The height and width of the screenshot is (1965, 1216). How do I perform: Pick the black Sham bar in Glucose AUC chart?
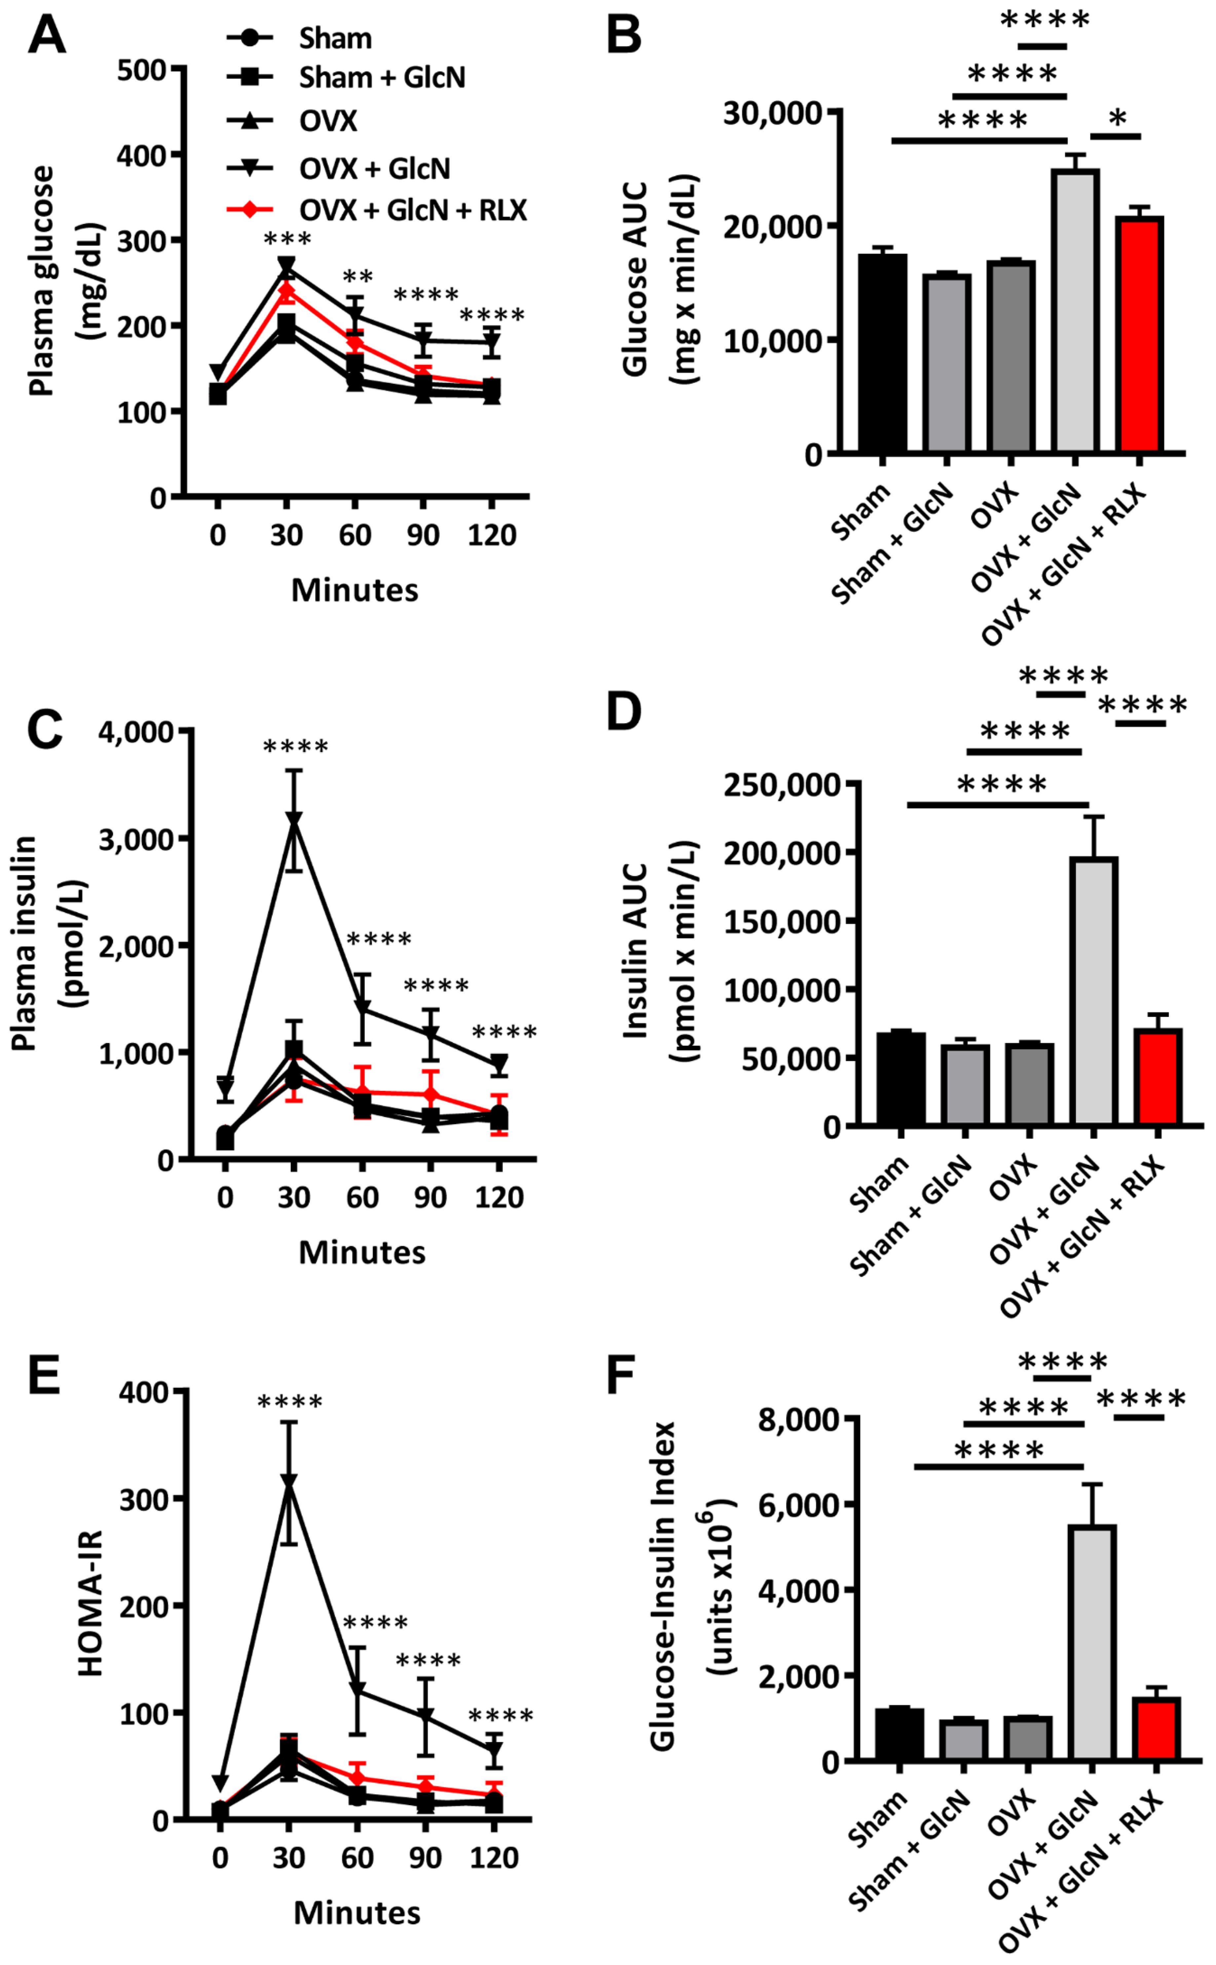click(882, 354)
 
